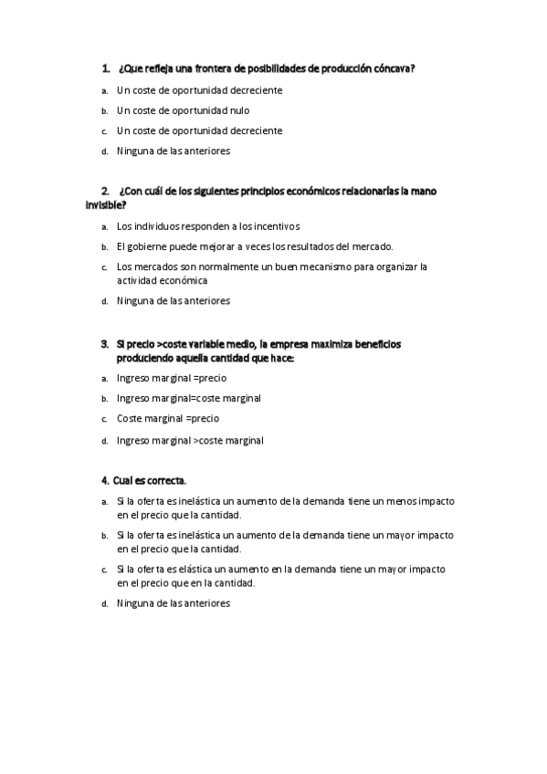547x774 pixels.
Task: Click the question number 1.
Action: coord(106,68)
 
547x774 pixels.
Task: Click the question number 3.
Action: coord(105,344)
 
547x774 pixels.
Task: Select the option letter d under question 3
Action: coord(105,441)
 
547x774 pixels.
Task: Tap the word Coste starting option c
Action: coord(131,419)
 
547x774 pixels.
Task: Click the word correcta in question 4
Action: coord(165,479)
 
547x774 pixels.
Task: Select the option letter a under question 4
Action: coord(105,502)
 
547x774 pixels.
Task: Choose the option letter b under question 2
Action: coord(105,246)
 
